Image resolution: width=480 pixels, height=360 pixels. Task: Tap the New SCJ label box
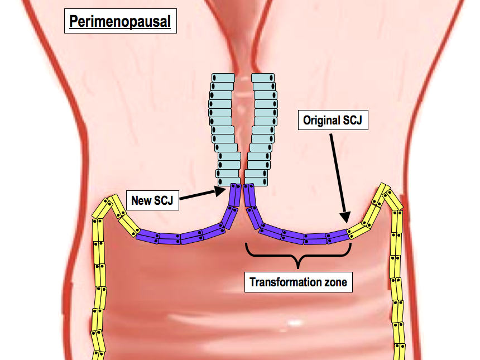click(152, 199)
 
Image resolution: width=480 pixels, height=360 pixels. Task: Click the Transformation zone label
click(298, 282)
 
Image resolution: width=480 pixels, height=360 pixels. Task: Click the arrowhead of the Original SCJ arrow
click(345, 217)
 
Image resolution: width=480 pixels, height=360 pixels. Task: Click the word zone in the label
click(333, 282)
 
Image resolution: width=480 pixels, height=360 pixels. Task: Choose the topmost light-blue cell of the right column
click(263, 78)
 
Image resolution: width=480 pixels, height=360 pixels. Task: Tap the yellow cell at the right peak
click(385, 190)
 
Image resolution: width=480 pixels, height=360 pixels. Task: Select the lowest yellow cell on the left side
click(98, 355)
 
